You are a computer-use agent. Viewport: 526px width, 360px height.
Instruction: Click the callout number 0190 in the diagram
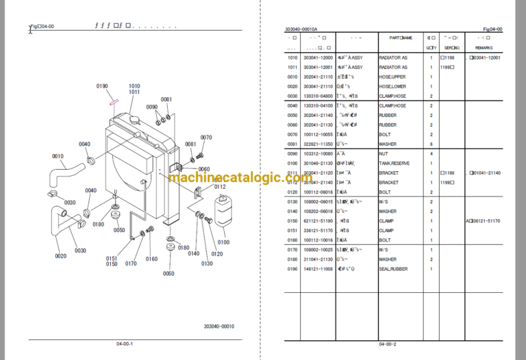coord(102,86)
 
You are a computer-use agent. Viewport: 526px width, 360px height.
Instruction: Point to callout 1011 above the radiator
coord(134,92)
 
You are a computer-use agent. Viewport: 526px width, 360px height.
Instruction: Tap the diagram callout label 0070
coord(206,138)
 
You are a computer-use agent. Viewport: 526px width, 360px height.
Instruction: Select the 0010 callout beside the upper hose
coord(57,155)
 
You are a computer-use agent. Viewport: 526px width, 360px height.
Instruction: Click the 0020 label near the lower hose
coord(60,256)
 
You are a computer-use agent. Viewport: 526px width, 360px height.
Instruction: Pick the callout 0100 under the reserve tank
coord(223,242)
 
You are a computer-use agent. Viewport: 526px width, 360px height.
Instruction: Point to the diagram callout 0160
coord(151,259)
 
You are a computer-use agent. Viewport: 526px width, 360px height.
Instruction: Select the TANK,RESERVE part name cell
coord(395,164)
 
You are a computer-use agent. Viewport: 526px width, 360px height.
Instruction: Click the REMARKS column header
coord(485,48)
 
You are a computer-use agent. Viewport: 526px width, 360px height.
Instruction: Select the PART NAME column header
coord(401,38)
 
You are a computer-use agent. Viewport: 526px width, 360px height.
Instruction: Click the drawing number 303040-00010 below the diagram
coord(218,326)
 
